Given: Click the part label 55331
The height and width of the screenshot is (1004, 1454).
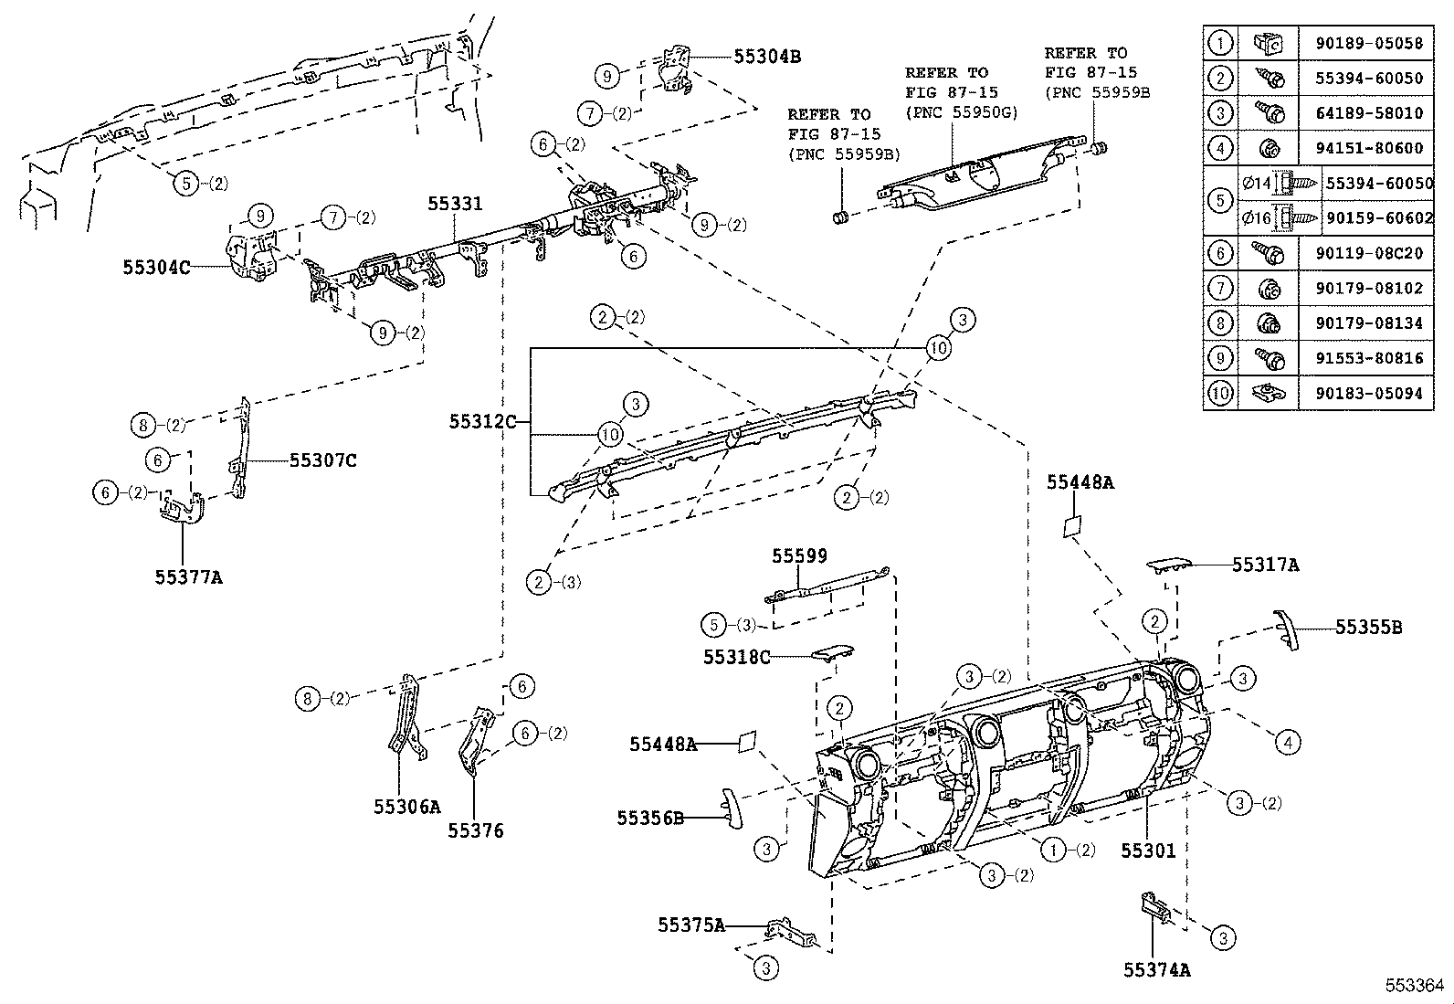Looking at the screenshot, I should pos(455,205).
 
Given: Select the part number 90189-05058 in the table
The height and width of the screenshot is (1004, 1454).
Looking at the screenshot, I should pos(1368,43).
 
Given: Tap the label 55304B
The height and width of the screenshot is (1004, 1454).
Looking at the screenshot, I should pos(767,56).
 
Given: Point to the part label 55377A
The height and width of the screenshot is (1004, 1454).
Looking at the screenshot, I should pos(188,576).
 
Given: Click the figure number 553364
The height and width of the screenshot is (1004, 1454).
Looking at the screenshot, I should pos(1415,985).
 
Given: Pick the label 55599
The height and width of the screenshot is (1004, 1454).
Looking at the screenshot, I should pos(799,555).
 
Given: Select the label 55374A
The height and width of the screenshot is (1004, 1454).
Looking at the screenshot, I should pos(1156,970).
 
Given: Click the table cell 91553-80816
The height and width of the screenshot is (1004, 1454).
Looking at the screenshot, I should pos(1368,358).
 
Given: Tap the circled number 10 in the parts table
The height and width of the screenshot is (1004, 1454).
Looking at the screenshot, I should pos(1220,393).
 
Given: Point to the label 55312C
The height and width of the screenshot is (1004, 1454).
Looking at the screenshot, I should pos(482,421).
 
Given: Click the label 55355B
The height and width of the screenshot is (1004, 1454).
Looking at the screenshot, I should pos(1368,627).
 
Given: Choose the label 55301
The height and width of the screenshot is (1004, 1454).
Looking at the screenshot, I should pos(1148,851).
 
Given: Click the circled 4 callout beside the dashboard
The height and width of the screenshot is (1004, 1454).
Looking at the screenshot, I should pos(1288,743).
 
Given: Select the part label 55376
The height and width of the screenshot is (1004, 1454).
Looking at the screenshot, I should pos(475,830).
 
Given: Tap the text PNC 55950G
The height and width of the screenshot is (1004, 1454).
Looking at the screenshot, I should pos(962,111).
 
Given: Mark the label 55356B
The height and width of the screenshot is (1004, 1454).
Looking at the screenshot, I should pos(649,818).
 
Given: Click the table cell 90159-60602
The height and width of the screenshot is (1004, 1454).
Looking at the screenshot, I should pos(1378,218).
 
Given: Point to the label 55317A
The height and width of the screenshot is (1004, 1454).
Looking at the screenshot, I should pos(1265,565).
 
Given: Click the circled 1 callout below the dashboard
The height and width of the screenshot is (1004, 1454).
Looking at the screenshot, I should pos(1054,850).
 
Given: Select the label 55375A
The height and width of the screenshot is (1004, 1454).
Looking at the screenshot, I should pos(690,925).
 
